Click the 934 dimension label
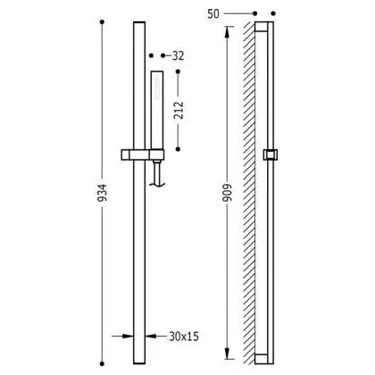(x=102, y=193)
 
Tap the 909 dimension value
(x=227, y=193)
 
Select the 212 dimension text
(x=179, y=110)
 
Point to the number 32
(x=179, y=55)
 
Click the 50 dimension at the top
(x=213, y=13)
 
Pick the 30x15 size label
(x=184, y=337)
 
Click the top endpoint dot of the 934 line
(x=102, y=22)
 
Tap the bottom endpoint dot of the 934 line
(x=102, y=363)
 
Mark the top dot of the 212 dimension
(x=178, y=71)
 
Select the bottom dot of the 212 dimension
(x=178, y=149)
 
